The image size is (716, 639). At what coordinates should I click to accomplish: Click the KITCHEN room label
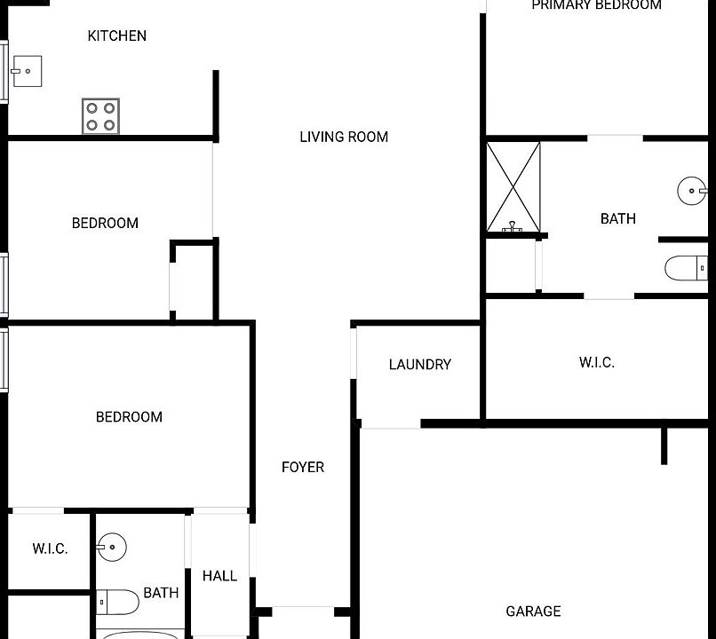(x=116, y=36)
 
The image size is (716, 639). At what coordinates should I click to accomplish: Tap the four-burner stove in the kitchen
(x=101, y=115)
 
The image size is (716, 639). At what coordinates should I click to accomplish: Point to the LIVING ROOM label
(x=344, y=137)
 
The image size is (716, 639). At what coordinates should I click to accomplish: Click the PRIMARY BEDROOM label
(x=596, y=5)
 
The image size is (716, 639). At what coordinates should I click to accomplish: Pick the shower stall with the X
(x=513, y=187)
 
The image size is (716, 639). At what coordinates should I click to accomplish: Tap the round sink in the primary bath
(x=692, y=190)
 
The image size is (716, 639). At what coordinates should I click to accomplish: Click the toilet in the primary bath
(x=687, y=267)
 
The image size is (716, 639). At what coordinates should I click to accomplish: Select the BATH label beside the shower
(x=617, y=218)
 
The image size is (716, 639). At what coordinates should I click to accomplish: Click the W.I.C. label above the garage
(x=596, y=362)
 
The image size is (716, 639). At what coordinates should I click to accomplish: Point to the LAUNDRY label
(x=419, y=365)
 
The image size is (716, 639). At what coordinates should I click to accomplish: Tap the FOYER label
(x=303, y=467)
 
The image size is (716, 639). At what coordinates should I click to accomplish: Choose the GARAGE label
(x=533, y=611)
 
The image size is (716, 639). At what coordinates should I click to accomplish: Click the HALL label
(x=219, y=576)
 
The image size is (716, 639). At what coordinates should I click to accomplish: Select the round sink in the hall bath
(x=112, y=546)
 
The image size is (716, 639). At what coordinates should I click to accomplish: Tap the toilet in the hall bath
(x=118, y=603)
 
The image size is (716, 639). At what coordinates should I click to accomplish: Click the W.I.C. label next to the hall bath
(x=50, y=549)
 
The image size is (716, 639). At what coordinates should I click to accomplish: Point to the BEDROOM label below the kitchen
(x=105, y=223)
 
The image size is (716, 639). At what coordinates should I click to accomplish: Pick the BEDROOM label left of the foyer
(x=129, y=417)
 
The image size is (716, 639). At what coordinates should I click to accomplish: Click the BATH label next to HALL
(x=161, y=593)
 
